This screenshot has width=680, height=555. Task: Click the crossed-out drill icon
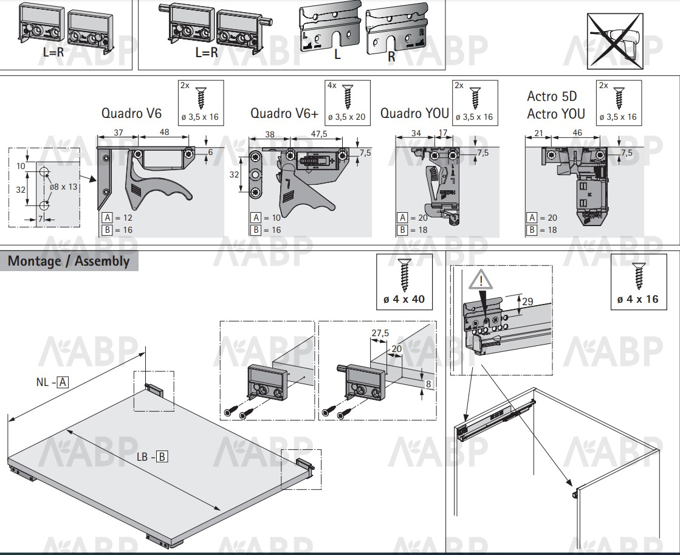615,41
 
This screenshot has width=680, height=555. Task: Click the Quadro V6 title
131,113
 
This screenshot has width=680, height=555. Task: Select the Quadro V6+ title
284,113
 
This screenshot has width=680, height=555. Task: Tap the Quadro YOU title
414,113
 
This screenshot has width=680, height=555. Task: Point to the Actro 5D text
552,96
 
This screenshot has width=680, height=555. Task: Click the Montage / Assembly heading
69,261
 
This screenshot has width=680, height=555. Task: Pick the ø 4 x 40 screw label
404,299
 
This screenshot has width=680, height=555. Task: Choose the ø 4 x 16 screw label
638,299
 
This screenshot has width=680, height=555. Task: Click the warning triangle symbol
481,279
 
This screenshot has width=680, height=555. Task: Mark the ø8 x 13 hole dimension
63,187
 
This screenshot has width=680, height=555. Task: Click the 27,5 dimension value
380,333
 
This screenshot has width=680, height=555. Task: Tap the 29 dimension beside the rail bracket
527,301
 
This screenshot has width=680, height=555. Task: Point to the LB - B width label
152,457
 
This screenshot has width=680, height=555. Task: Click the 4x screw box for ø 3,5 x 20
348,103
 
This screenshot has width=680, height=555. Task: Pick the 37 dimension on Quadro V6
118,133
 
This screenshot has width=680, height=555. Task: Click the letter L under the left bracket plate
337,54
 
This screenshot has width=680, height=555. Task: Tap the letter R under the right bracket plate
391,56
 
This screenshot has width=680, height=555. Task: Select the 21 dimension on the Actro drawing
538,133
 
